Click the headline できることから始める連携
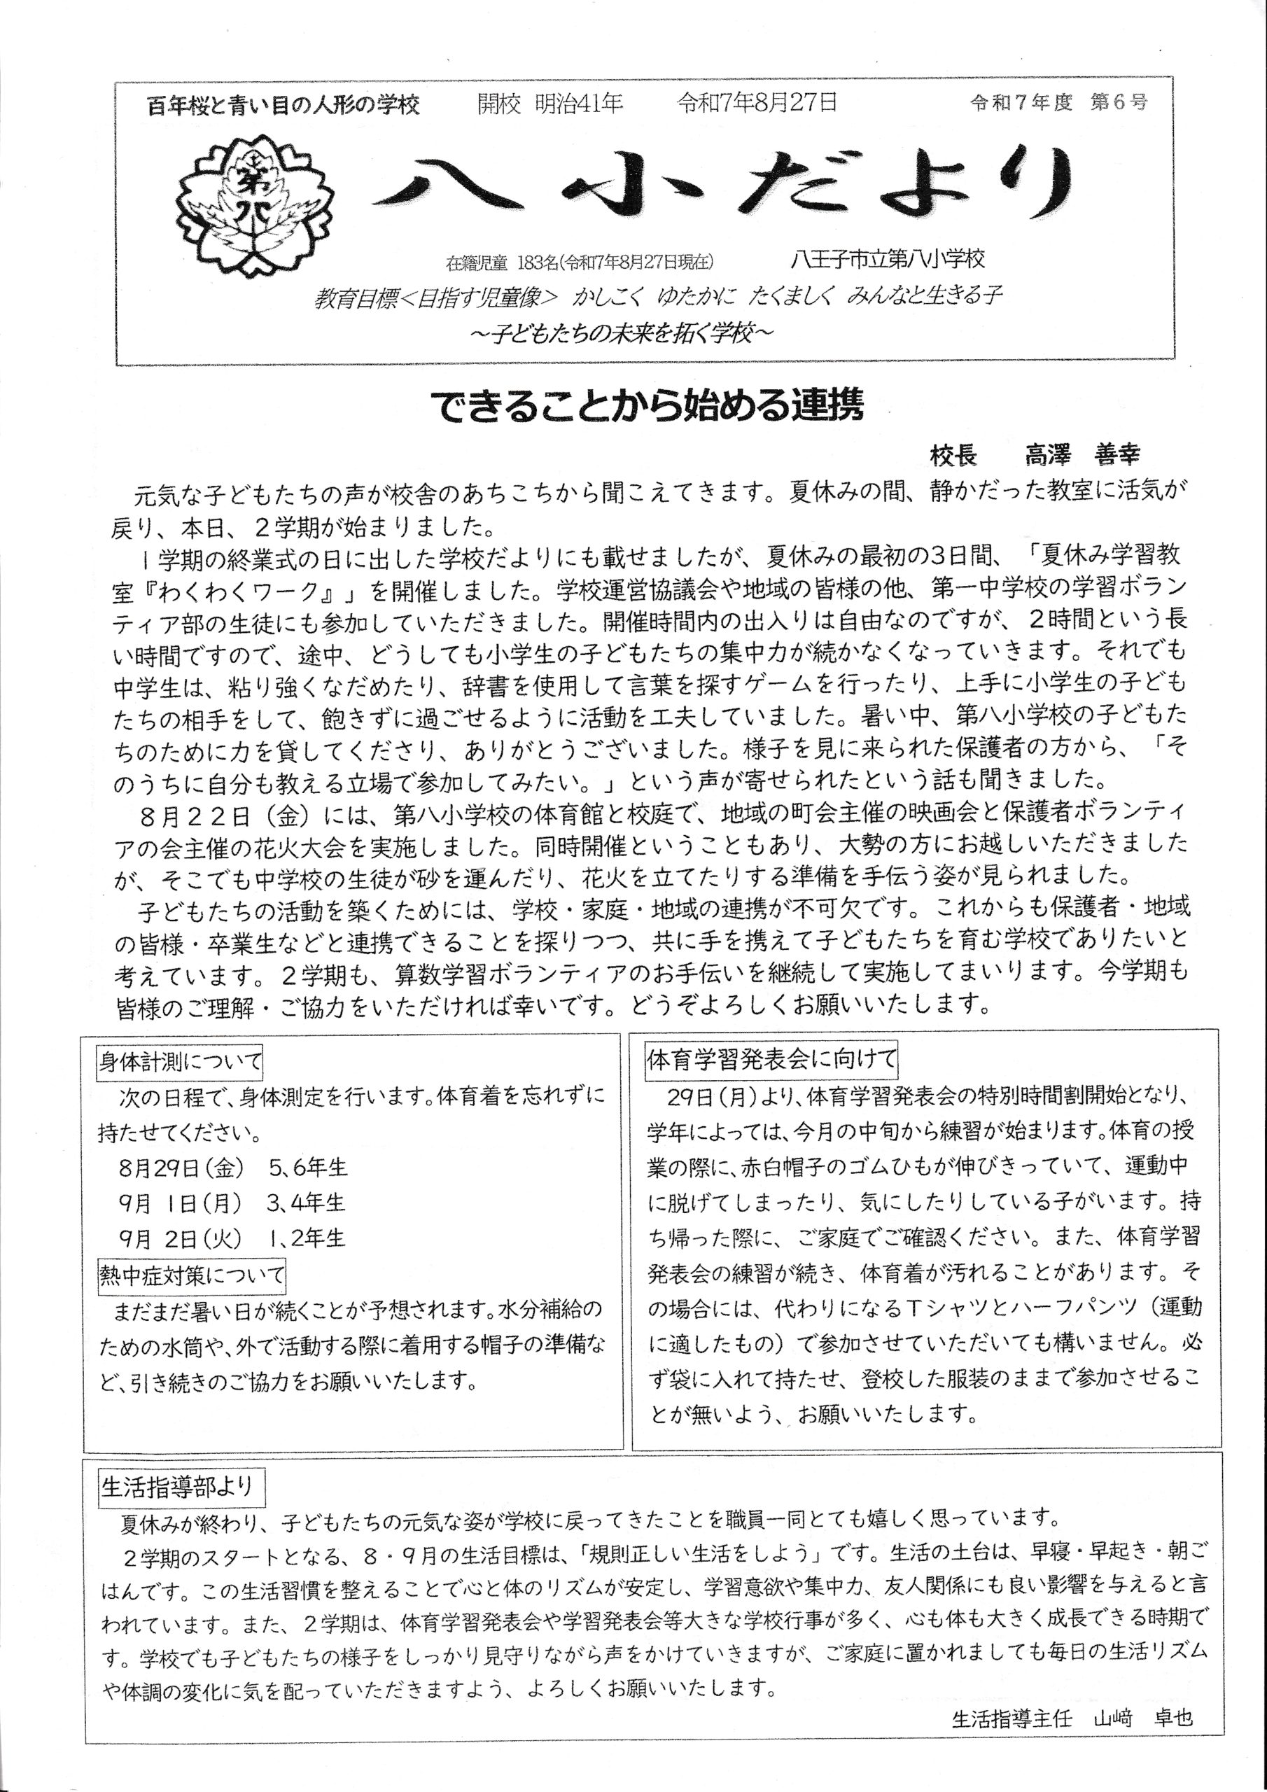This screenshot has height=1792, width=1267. [x=647, y=407]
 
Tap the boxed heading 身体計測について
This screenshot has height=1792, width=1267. [x=181, y=1062]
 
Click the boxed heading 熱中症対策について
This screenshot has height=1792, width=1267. [x=191, y=1275]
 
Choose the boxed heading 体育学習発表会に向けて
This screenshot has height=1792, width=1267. [x=771, y=1059]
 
